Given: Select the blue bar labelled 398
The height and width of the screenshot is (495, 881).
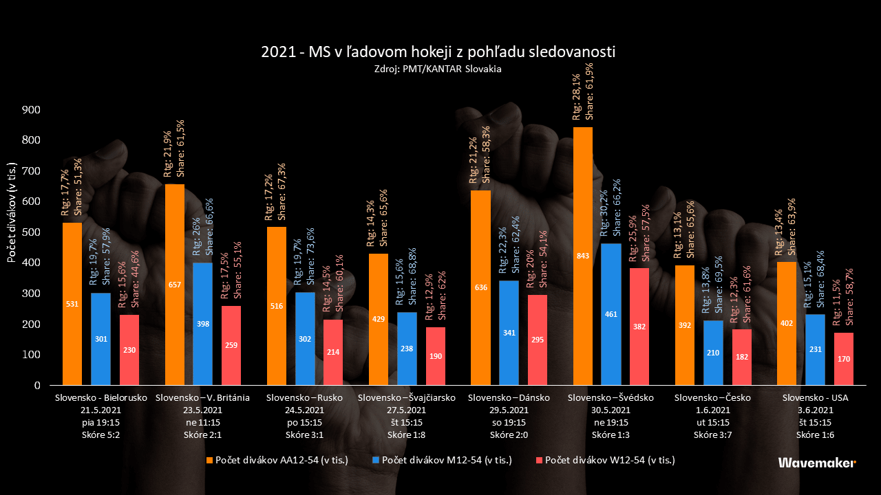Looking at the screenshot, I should pos(203,324).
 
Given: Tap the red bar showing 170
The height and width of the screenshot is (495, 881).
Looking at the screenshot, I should pos(844,359).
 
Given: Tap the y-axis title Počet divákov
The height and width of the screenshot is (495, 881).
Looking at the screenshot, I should pos(12,213).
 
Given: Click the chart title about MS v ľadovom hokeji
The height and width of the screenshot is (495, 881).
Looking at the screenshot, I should pos(438,52).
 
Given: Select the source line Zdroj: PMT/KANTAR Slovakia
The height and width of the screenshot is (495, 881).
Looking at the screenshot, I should pos(438,69).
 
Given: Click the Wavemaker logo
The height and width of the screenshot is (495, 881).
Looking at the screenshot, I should pos(817,463).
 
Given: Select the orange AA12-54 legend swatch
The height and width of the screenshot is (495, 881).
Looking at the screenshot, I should pos(209,460).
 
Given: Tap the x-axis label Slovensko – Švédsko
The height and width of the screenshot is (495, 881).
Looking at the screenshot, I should pos(611,398).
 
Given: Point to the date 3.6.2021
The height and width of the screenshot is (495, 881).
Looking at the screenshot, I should pos(816,410).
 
